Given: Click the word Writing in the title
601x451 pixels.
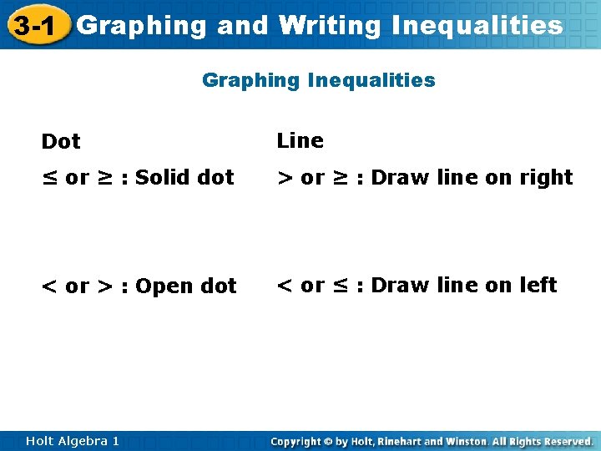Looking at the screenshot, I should [x=330, y=26].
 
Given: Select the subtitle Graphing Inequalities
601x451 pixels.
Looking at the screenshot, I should [x=318, y=80].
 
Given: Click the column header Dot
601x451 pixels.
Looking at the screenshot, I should [x=61, y=142].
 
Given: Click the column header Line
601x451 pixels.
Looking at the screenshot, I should [x=300, y=140].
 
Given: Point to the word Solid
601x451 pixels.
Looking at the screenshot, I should [x=162, y=178].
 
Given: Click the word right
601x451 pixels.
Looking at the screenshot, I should [x=545, y=178].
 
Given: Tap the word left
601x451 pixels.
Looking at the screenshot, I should [x=538, y=285].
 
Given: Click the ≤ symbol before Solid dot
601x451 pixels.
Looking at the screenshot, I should [x=50, y=178].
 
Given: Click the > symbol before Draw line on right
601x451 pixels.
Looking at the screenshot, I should [x=285, y=178].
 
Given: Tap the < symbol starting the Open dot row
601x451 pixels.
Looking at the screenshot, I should [x=50, y=286].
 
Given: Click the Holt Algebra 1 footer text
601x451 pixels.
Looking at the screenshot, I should [x=72, y=441].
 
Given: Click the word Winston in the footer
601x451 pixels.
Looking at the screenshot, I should [x=465, y=441].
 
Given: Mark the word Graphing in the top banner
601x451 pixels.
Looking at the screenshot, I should [x=142, y=26].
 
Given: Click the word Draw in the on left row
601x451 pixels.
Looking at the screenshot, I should [x=395, y=285].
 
